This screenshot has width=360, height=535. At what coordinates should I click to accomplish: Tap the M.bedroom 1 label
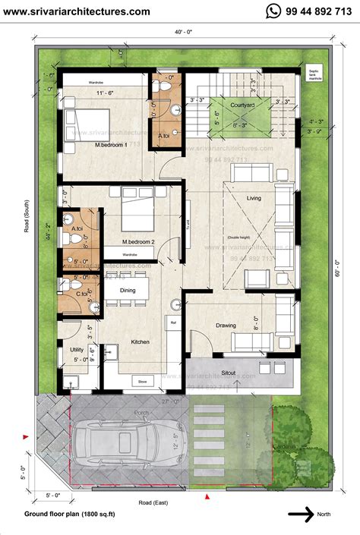110,144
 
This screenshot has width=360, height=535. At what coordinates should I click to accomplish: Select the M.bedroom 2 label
138,242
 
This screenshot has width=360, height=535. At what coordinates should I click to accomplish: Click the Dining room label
128,290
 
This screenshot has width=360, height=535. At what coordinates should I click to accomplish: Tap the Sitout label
228,373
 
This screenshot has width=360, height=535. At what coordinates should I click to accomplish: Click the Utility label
77,349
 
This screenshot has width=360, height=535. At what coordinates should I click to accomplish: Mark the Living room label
254,198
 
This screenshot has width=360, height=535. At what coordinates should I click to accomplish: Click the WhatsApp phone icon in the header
273,11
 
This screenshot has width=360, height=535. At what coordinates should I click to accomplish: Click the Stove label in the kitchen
142,380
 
